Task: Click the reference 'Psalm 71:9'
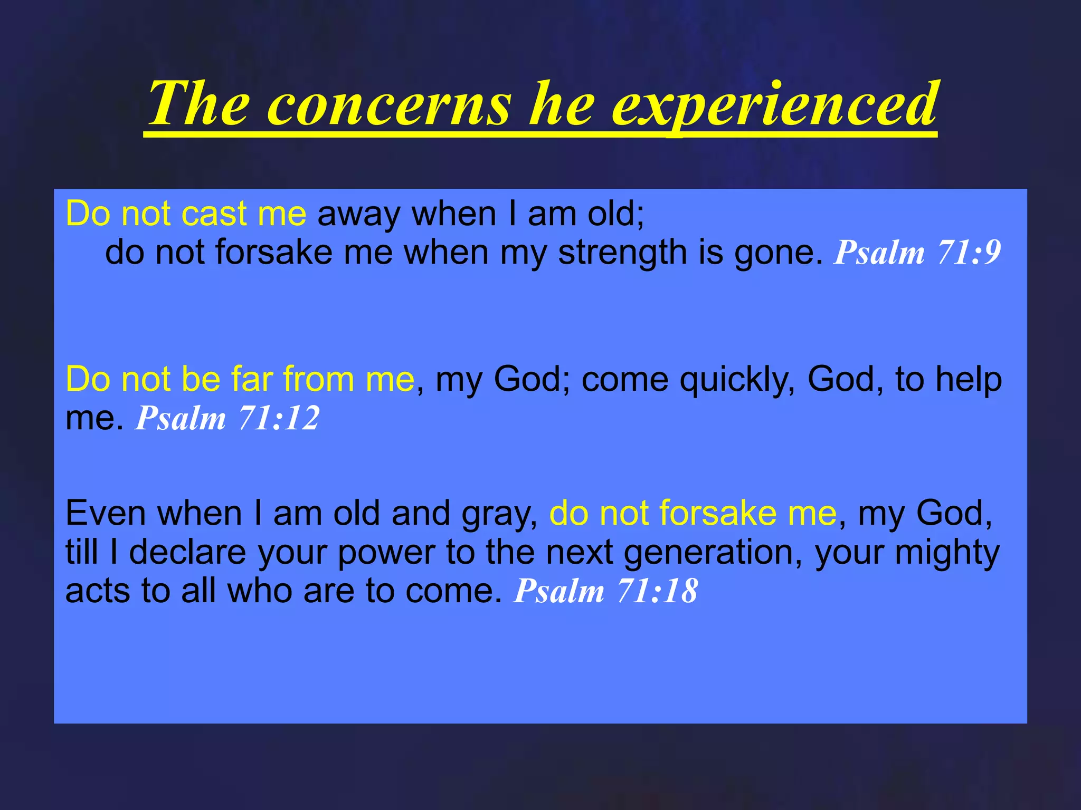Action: (x=917, y=253)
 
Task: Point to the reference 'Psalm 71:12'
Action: (x=227, y=418)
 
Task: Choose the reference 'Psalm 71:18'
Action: (x=606, y=591)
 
